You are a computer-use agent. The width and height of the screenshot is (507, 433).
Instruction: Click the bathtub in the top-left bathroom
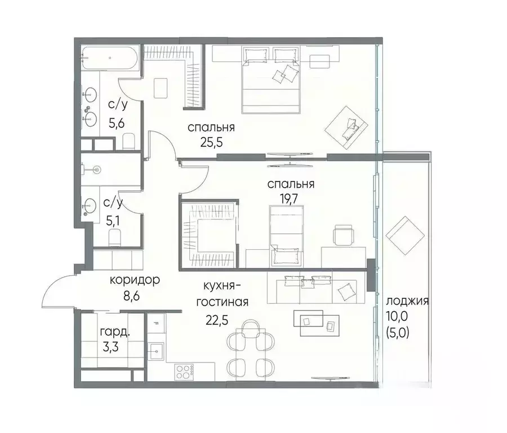[x=110, y=58]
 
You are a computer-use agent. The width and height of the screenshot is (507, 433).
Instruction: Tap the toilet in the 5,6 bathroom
[x=128, y=141]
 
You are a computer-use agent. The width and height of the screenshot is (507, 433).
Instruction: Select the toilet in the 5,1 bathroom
[x=114, y=237]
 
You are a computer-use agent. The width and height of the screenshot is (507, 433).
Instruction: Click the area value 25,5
[x=211, y=142]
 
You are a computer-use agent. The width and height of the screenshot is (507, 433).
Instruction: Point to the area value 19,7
[x=289, y=199]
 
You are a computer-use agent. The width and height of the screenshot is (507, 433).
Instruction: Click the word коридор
[x=135, y=280]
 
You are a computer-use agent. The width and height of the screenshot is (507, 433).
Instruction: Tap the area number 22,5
[x=217, y=320]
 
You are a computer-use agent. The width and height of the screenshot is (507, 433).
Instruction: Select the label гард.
[x=115, y=332]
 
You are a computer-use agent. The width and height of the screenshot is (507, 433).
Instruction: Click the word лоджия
[x=407, y=301]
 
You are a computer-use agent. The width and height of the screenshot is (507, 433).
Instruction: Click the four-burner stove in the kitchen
[x=184, y=372]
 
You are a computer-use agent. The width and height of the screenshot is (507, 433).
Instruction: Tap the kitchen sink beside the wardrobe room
[x=156, y=351]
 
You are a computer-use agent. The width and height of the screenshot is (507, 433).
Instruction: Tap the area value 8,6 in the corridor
[x=132, y=296]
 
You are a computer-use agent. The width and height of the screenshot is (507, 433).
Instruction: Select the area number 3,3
[x=110, y=347]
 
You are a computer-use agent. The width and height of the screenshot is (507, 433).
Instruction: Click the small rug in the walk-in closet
[x=161, y=88]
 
